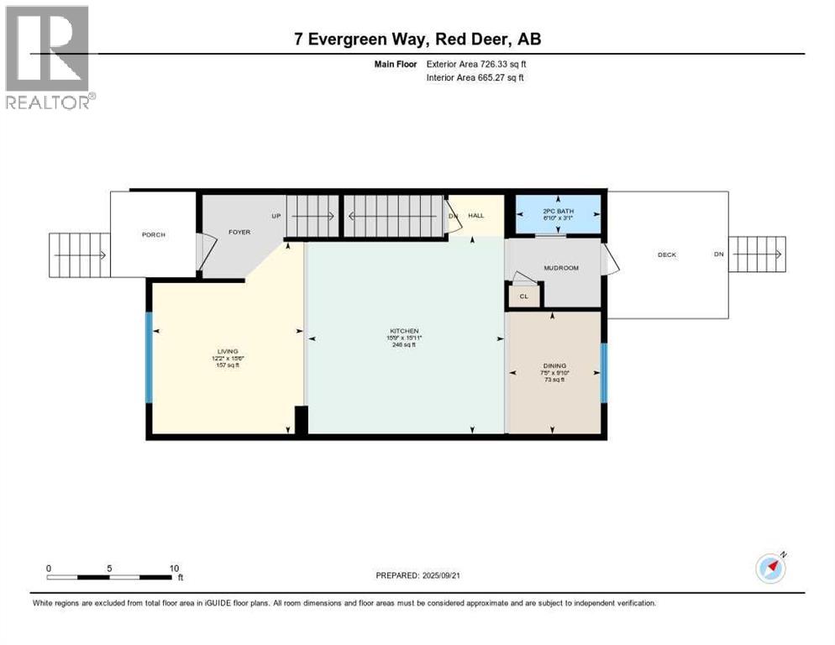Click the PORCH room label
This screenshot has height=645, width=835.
[153, 234]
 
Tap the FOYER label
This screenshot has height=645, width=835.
[239, 232]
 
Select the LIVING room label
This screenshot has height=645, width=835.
[227, 351]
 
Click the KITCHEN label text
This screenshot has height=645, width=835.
[403, 331]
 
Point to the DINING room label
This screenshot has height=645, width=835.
[554, 366]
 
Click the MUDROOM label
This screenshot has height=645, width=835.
[561, 269]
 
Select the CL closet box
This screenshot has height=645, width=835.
[523, 296]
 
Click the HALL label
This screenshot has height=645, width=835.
[476, 216]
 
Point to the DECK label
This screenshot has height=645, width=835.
[667, 254]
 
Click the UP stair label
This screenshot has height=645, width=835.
[276, 216]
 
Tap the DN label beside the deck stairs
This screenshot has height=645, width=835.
[718, 254]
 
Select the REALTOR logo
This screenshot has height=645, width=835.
[49, 57]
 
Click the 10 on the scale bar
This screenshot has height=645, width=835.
[174, 568]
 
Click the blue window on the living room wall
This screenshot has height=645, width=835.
[149, 357]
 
